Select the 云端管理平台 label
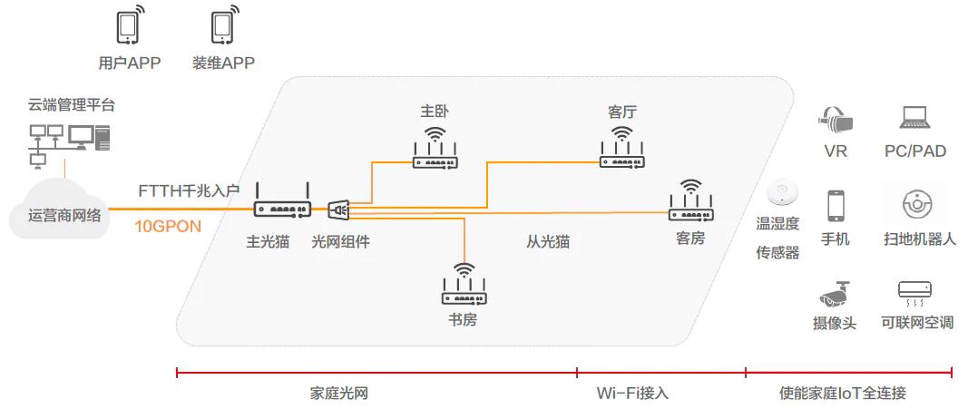coord(71,106)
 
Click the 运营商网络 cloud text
coord(64,215)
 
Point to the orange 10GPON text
coord(168,227)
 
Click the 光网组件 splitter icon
coord(337,210)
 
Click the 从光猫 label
coord(548,242)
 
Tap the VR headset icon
coord(835,118)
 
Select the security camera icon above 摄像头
coord(834,293)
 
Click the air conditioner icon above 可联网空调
coord(915,292)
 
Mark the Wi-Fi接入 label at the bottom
coord(632,393)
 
